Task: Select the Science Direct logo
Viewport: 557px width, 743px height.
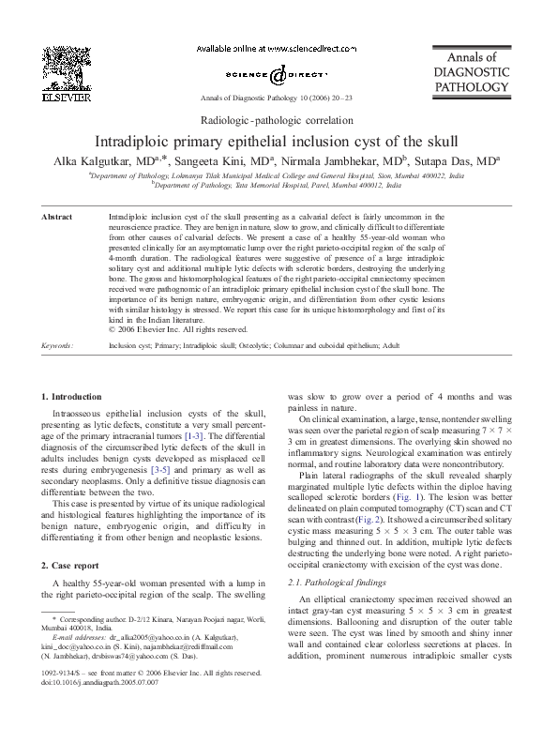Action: click(278, 73)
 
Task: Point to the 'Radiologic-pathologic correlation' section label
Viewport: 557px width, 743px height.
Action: click(278, 121)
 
